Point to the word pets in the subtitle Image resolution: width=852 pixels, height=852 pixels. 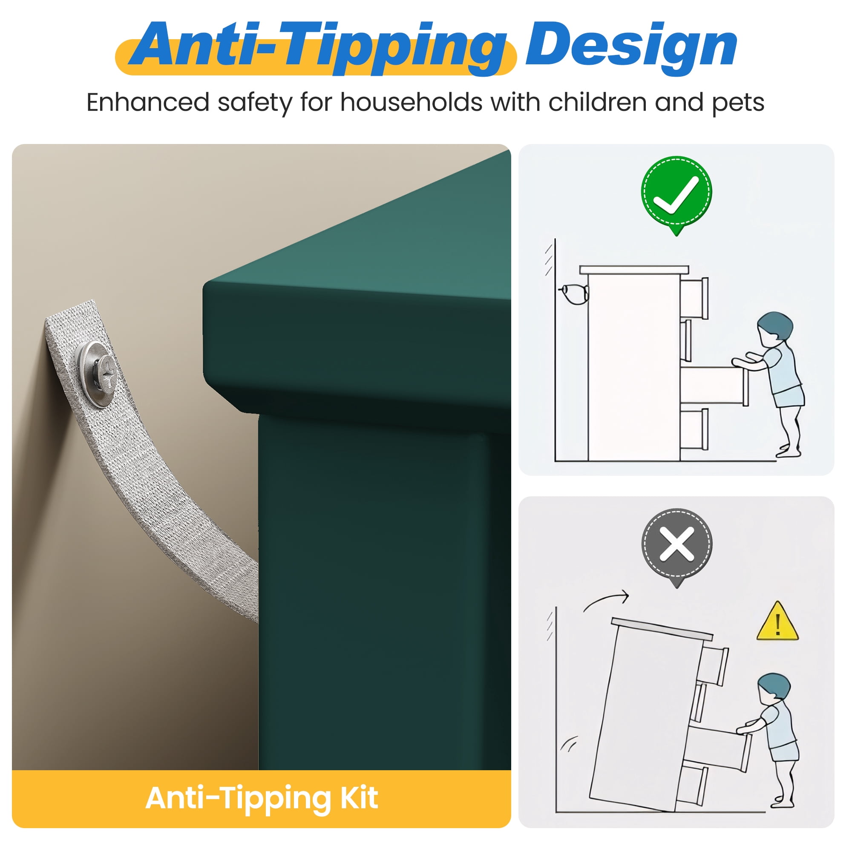coord(738,104)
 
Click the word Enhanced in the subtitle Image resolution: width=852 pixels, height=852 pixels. coord(148,102)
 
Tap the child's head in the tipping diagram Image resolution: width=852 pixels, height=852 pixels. coord(774,687)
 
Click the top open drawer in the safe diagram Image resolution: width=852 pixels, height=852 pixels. coord(694,298)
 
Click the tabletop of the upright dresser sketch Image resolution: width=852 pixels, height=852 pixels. coord(634,270)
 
